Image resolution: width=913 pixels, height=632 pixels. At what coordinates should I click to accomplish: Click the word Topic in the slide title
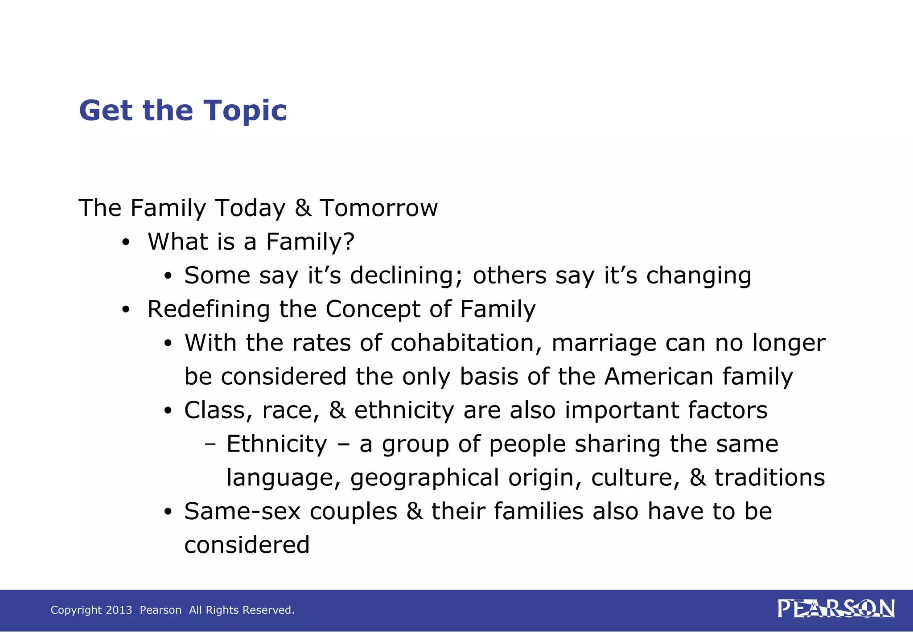pyautogui.click(x=246, y=111)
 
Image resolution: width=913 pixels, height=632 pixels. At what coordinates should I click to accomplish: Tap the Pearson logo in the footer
pyautogui.click(x=836, y=609)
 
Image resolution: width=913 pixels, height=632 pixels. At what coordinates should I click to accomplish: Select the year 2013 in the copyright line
pyautogui.click(x=119, y=610)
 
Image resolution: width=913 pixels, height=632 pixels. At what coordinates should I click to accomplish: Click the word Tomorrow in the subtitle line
pyautogui.click(x=379, y=208)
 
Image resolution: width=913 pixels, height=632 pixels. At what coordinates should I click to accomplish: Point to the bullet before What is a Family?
pyautogui.click(x=126, y=242)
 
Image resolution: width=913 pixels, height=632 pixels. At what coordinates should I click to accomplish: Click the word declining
pyautogui.click(x=406, y=275)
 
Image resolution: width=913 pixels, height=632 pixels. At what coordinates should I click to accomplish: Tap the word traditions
pyautogui.click(x=770, y=477)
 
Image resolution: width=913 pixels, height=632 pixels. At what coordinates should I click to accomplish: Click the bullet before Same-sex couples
pyautogui.click(x=168, y=512)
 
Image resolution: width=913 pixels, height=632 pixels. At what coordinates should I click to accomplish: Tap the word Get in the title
pyautogui.click(x=107, y=111)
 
